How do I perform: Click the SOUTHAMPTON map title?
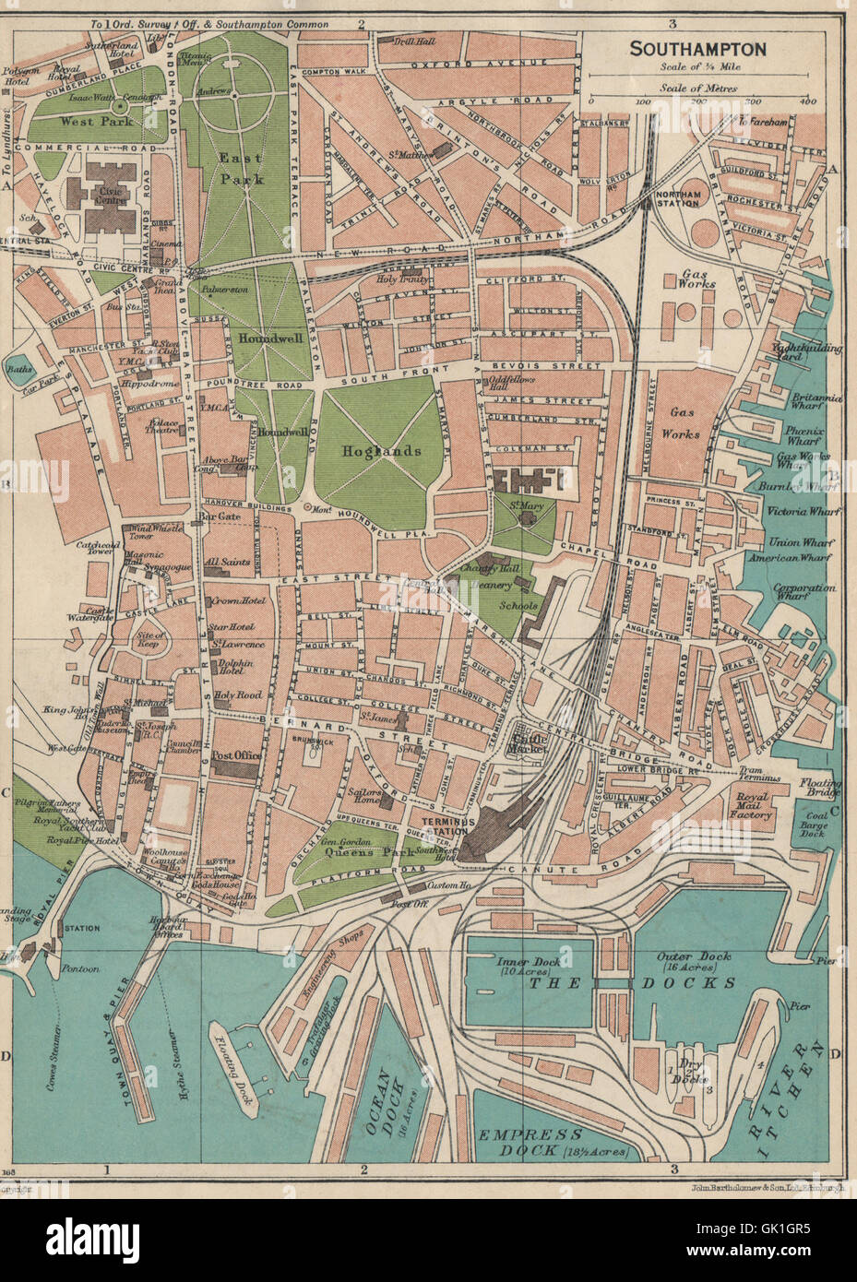click(697, 49)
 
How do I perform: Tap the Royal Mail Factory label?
click(750, 809)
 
